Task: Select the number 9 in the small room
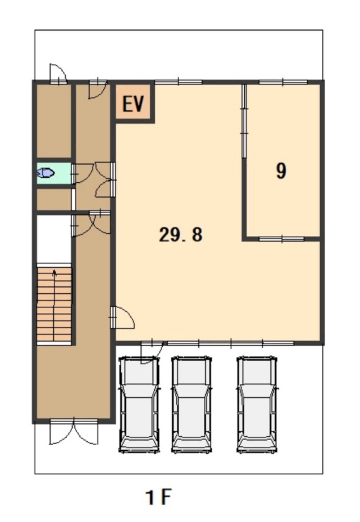click(281, 171)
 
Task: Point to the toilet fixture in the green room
click(46, 173)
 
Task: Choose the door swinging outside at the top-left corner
click(58, 73)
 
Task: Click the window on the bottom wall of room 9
click(281, 239)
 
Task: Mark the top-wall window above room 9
click(283, 82)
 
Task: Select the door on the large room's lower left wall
click(122, 317)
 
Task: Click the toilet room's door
click(83, 173)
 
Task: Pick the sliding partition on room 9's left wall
click(244, 121)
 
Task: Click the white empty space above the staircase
click(54, 239)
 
